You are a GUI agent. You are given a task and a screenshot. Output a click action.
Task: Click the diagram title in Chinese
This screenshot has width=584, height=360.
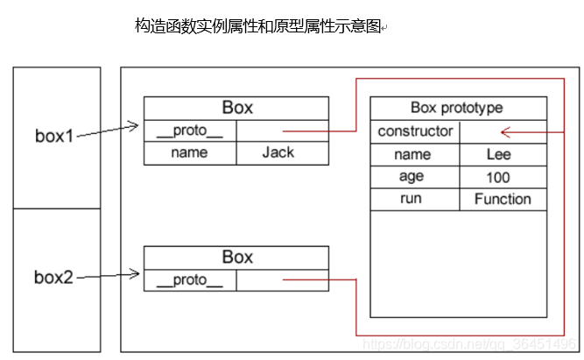pyautogui.click(x=258, y=26)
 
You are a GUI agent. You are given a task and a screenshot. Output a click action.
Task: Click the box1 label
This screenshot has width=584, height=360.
pyautogui.click(x=54, y=137)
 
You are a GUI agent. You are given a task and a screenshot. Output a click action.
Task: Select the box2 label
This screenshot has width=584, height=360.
pyautogui.click(x=54, y=278)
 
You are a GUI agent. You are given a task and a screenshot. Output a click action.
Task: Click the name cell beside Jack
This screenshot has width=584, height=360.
pyautogui.click(x=190, y=152)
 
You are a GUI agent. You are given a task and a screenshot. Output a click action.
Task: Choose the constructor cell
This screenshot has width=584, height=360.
pyautogui.click(x=414, y=131)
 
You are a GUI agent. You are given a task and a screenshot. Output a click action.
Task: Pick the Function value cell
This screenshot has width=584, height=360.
pyautogui.click(x=503, y=199)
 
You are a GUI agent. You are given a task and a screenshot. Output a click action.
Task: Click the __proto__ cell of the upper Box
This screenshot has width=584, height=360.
pyautogui.click(x=190, y=131)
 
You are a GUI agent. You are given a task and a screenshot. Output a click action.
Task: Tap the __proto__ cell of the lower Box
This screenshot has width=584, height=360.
pyautogui.click(x=190, y=280)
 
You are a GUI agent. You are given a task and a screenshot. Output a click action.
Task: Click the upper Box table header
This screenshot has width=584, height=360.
pyautogui.click(x=236, y=108)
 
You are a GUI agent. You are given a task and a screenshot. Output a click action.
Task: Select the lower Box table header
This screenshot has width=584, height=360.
pyautogui.click(x=236, y=258)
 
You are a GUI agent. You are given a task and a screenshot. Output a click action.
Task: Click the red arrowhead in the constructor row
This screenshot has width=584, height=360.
pyautogui.click(x=505, y=132)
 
